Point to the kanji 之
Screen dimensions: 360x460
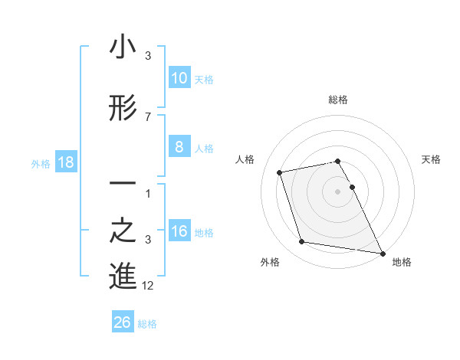tap(123, 232)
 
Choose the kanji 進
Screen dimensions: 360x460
tap(123, 277)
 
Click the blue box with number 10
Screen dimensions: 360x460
tap(179, 78)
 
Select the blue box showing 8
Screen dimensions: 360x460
tap(179, 147)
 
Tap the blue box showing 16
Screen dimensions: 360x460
tap(179, 231)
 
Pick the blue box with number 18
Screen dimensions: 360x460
tap(65, 162)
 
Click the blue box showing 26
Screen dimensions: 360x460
tap(122, 322)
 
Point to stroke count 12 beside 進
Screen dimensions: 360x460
tap(148, 286)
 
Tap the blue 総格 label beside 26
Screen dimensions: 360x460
tap(147, 323)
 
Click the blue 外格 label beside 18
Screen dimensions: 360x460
tap(41, 163)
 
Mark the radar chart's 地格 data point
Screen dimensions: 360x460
tap(382, 252)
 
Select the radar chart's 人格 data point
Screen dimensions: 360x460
tap(280, 172)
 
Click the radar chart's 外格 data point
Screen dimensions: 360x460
tap(302, 242)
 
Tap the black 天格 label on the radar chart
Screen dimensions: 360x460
tap(432, 159)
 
